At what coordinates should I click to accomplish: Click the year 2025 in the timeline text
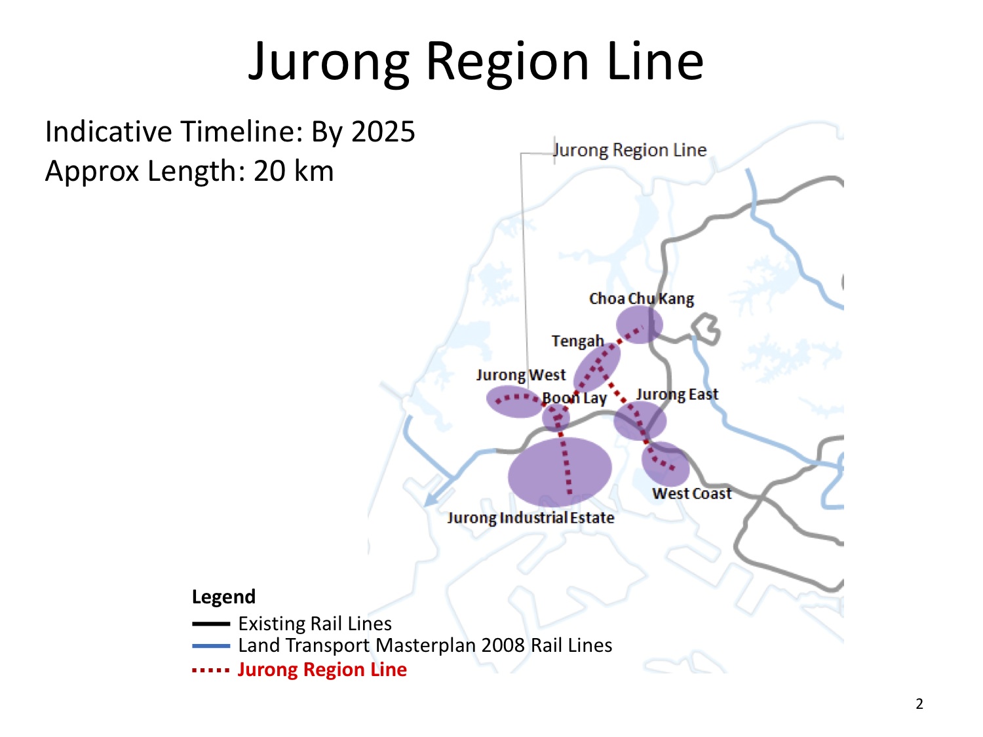(383, 132)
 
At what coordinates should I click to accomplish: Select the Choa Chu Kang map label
(641, 299)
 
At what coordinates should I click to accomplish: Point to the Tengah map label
(577, 341)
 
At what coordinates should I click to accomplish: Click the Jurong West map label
(520, 375)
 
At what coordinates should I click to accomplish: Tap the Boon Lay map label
(574, 398)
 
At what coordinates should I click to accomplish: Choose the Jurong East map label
(677, 394)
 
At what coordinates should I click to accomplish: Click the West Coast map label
(691, 493)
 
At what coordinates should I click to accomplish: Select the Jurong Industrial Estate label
(531, 518)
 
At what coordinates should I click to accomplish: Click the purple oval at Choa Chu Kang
(639, 324)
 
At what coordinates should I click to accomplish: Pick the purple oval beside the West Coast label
(666, 464)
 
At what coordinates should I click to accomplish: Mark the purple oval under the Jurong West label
(514, 402)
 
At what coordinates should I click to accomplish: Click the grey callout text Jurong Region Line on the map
(630, 150)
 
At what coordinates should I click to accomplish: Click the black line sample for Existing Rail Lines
(210, 624)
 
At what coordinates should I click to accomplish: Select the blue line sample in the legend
(210, 646)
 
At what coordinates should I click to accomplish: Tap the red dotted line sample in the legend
(210, 670)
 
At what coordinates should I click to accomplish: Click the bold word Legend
(223, 597)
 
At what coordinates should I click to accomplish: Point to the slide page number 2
(919, 704)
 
